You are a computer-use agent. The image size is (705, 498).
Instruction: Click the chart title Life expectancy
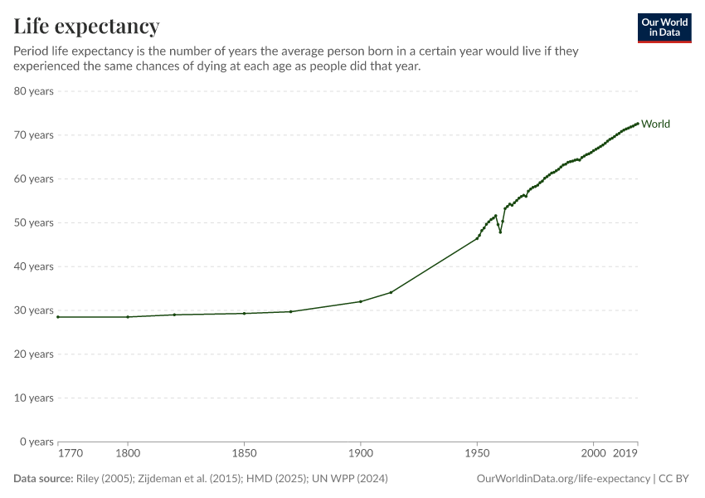86,27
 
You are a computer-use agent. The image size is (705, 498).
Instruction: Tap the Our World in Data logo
664,27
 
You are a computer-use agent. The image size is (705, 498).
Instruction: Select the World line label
655,124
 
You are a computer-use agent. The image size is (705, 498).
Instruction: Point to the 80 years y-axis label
34,90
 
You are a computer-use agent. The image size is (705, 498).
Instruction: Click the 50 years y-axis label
34,222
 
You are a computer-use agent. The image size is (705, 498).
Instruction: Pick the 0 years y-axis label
37,442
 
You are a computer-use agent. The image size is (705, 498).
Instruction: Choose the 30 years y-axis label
34,310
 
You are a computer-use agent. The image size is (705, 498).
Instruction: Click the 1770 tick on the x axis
70,453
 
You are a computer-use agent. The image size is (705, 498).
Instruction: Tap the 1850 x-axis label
244,453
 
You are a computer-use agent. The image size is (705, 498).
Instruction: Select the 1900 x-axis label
360,453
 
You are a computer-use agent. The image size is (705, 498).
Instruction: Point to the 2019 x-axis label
625,453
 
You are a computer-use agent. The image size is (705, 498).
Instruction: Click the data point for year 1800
128,317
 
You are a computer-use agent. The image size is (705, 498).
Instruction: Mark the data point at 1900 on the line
360,301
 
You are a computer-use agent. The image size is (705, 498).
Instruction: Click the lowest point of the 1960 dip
500,232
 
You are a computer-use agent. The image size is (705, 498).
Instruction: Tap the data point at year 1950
477,238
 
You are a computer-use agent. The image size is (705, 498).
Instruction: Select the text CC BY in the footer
674,479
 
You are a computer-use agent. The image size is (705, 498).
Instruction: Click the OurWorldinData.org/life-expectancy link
563,479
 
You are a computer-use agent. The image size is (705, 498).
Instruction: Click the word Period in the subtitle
32,51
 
